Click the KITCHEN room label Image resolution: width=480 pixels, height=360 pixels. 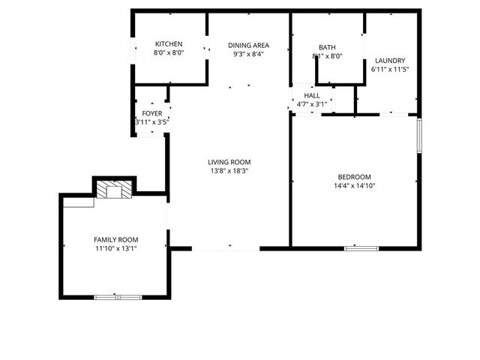click(x=169, y=43)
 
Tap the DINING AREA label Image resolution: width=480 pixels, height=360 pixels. click(x=249, y=45)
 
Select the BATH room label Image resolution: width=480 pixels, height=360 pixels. click(x=327, y=46)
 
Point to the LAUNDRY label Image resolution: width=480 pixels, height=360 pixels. click(x=390, y=61)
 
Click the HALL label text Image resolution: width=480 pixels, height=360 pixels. click(x=312, y=96)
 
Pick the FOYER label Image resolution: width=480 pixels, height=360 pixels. click(x=152, y=113)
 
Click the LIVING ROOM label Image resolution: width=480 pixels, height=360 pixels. click(x=229, y=162)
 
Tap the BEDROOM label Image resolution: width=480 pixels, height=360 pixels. click(x=355, y=177)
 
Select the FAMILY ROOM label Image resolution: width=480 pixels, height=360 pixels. click(x=116, y=238)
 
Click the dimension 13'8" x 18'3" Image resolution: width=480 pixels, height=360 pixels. click(x=229, y=171)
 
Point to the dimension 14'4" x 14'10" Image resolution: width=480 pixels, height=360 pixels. click(x=355, y=186)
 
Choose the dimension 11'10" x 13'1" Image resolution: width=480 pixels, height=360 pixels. click(x=116, y=247)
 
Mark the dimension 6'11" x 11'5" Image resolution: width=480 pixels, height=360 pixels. click(x=390, y=70)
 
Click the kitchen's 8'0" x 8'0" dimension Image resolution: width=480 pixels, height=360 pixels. click(x=169, y=52)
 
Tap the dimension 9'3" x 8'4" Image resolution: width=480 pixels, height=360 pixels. click(x=249, y=54)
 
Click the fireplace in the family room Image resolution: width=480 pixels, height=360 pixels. click(x=115, y=190)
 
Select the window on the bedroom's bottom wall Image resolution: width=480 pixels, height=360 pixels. click(x=361, y=247)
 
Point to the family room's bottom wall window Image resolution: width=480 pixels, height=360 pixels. click(x=118, y=297)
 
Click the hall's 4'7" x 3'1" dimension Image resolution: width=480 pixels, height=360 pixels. click(x=312, y=105)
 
